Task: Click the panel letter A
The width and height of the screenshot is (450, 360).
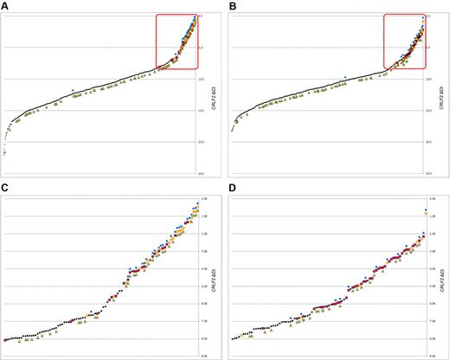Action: point(6,7)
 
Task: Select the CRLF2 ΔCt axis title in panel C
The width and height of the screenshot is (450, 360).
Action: point(212,276)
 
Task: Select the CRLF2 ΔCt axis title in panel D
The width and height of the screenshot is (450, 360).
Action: point(440,276)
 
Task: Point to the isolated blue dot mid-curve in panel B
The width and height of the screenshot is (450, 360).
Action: point(345,76)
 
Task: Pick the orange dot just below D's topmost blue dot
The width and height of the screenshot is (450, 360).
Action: point(424,213)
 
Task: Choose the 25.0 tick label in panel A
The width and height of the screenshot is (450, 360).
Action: point(201,173)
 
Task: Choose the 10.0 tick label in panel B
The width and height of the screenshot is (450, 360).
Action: point(428,79)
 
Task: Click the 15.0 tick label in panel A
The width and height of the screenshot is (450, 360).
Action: point(201,110)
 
